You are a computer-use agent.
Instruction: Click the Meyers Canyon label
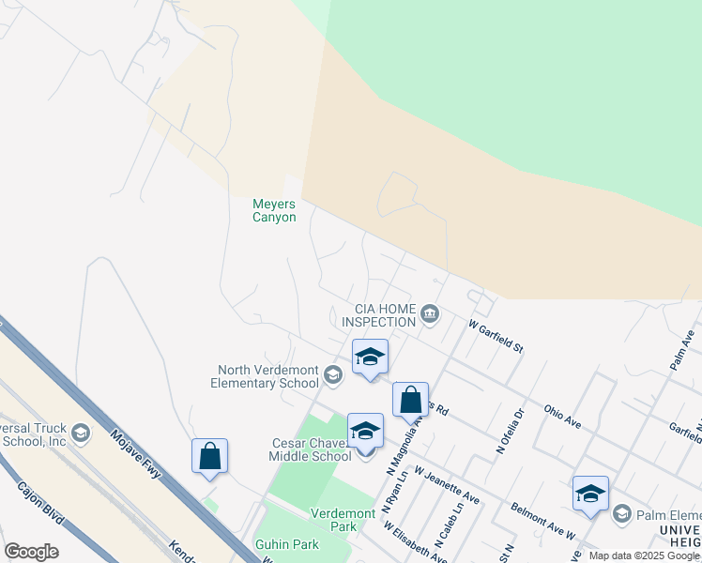click(274, 210)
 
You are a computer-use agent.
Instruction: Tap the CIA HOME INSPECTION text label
click(385, 314)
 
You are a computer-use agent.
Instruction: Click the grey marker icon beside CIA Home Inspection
click(430, 313)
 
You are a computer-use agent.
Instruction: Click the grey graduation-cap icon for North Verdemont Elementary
click(332, 376)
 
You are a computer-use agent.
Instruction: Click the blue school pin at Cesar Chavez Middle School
click(365, 431)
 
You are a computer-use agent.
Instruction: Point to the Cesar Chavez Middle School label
click(298, 449)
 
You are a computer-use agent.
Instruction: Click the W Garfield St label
click(496, 337)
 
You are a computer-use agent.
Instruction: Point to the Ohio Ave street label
click(563, 418)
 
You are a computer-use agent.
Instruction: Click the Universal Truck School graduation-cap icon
click(81, 433)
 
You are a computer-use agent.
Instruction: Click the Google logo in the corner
click(32, 552)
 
